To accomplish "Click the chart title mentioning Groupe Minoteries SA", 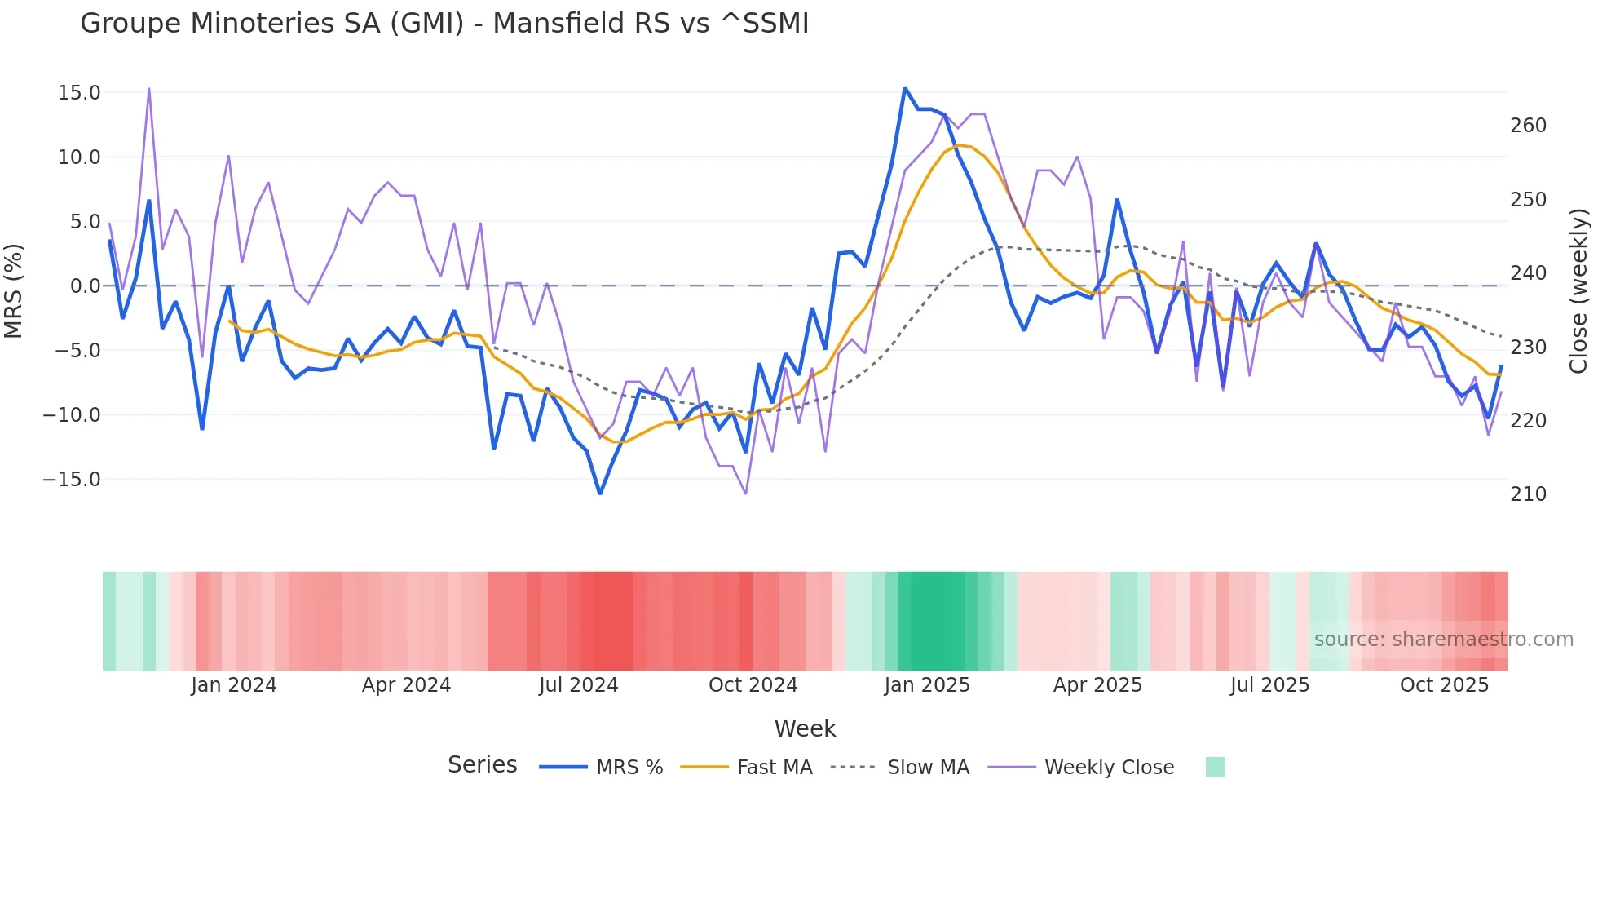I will [x=444, y=24].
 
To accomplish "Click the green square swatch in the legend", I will [x=1215, y=767].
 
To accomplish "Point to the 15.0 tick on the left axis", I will [x=79, y=93].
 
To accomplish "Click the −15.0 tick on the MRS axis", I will [x=72, y=480].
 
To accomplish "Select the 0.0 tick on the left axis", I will [x=85, y=286].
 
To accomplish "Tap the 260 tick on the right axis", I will [x=1528, y=126].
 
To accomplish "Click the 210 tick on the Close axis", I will [x=1528, y=494].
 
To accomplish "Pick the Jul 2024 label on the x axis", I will [x=578, y=685].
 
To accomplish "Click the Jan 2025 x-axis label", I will [x=927, y=685].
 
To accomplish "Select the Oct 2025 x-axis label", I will [x=1444, y=685].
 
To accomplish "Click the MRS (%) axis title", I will [x=14, y=290].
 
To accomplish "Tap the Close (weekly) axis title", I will [x=1578, y=291].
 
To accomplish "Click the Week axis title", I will [x=805, y=728].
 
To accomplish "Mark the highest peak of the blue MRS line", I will [x=905, y=88].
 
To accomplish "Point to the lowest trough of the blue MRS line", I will [x=600, y=494].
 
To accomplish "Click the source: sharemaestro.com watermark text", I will [x=1443, y=640].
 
